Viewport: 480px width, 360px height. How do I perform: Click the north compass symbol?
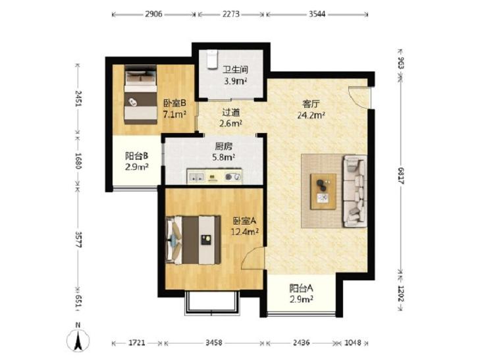(78, 338)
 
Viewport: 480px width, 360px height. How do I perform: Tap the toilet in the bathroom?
(212, 59)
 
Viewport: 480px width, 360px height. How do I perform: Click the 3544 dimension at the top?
(317, 14)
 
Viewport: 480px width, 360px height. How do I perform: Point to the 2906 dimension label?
(153, 14)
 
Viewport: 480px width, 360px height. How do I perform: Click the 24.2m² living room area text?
(311, 115)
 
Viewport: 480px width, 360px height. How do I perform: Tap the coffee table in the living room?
(323, 192)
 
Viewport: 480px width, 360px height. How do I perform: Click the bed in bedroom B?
(140, 95)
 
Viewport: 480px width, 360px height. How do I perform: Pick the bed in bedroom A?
(193, 240)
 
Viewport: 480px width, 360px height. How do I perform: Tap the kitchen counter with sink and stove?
(214, 176)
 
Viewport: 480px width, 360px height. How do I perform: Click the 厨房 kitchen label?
(224, 147)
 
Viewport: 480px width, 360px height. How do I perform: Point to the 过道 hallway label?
(231, 113)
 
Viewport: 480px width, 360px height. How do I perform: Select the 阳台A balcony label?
(302, 288)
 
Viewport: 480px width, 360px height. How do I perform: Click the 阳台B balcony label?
(136, 156)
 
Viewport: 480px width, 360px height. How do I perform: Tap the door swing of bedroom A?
(253, 259)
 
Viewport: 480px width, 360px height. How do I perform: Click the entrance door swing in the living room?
(360, 97)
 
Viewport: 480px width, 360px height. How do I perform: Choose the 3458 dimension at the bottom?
(214, 343)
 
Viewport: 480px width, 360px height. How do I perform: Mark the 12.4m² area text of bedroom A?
(245, 232)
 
